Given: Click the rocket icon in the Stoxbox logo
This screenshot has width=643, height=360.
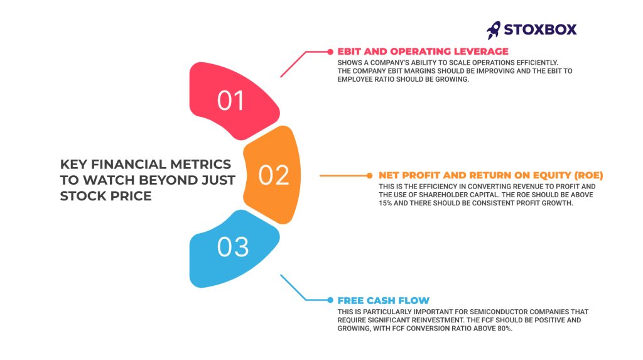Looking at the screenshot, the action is pyautogui.click(x=494, y=30).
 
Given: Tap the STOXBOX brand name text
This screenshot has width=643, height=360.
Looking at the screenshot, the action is pyautogui.click(x=540, y=30).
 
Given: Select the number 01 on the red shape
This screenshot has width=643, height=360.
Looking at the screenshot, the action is pyautogui.click(x=230, y=101).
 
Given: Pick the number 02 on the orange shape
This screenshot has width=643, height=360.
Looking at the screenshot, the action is pyautogui.click(x=274, y=175).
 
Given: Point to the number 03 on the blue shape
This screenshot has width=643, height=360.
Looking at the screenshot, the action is pyautogui.click(x=233, y=247).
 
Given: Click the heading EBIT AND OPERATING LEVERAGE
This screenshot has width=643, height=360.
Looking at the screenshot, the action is pyautogui.click(x=423, y=52).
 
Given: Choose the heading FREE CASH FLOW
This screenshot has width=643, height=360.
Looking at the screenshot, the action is pyautogui.click(x=384, y=300).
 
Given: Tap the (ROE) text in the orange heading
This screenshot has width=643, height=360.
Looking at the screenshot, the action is pyautogui.click(x=588, y=176).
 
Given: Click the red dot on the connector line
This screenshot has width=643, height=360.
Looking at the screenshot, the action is pyautogui.click(x=330, y=52).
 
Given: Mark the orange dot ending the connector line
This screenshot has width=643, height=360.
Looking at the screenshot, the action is pyautogui.click(x=369, y=176).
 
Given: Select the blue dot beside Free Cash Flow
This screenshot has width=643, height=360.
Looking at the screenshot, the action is pyautogui.click(x=330, y=300).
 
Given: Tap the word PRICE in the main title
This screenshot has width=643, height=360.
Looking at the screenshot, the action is pyautogui.click(x=131, y=196).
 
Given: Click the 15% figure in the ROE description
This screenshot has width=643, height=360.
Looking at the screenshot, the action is pyautogui.click(x=385, y=203).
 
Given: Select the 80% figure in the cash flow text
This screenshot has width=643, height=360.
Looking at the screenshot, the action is pyautogui.click(x=505, y=329).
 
